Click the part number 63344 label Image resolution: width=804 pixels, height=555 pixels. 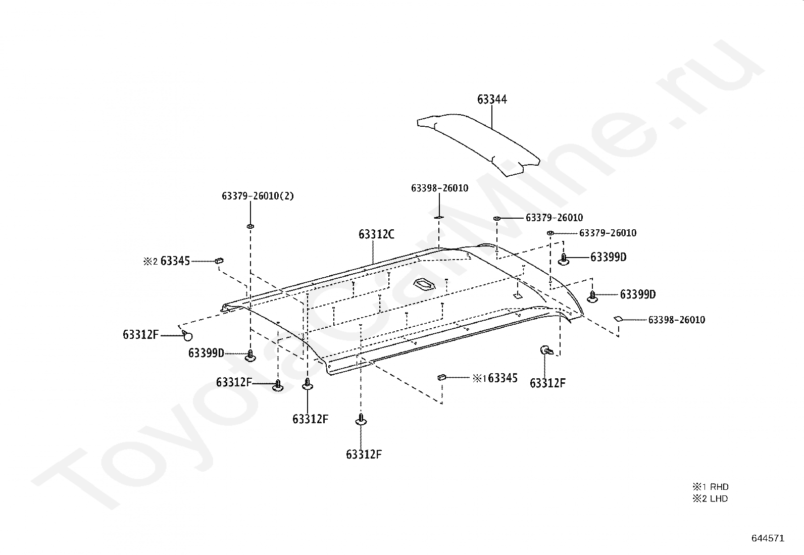492,99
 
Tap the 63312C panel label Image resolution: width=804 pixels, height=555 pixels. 376,234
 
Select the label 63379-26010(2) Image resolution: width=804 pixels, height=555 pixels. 258,196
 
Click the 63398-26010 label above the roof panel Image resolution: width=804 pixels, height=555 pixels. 439,188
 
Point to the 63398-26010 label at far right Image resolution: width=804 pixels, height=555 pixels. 676,320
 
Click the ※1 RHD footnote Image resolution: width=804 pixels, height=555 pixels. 710,487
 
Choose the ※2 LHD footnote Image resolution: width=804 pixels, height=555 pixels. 710,498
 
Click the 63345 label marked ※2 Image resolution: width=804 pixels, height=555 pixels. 175,261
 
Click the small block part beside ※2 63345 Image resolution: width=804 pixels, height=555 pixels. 219,261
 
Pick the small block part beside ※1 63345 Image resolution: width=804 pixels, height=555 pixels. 441,376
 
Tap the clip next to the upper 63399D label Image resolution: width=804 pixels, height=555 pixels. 564,259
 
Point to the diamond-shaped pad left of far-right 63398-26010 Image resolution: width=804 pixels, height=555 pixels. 618,319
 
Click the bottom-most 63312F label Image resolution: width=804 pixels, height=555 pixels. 364,455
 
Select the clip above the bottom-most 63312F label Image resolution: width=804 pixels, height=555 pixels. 362,420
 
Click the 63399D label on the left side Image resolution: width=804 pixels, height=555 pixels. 206,353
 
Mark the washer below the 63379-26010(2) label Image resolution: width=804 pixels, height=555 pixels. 250,225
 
